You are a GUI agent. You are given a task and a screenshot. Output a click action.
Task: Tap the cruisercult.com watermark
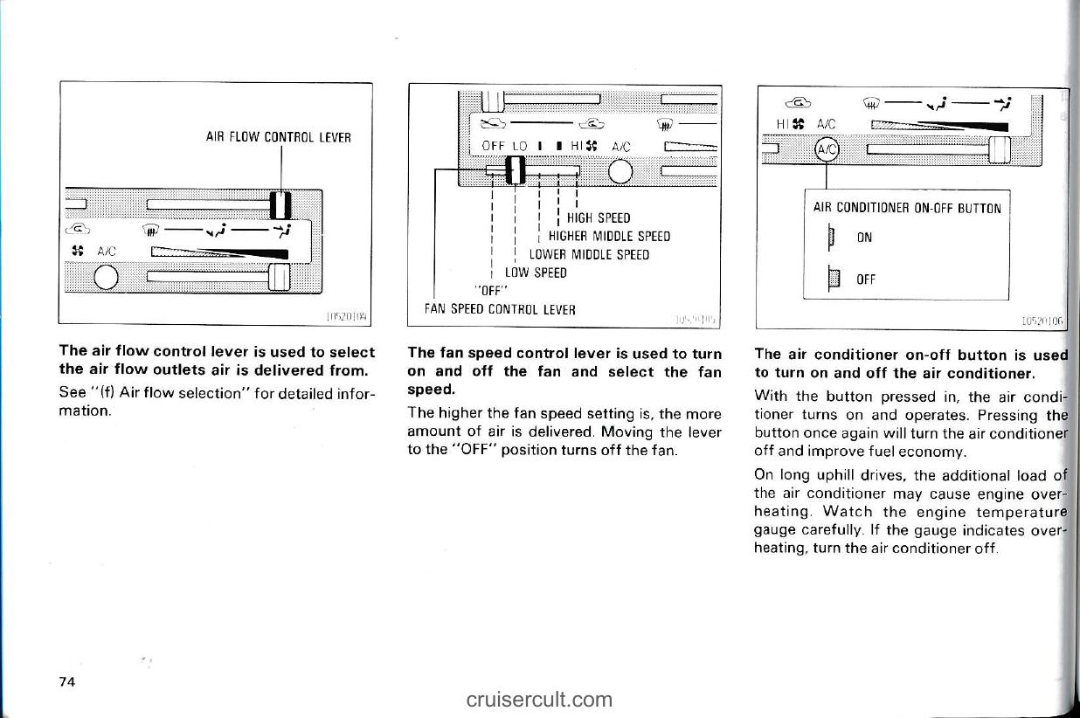tap(539, 699)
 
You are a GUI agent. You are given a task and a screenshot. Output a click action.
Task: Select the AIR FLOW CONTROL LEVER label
tap(279, 137)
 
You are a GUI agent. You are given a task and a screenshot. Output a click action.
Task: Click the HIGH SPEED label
tap(599, 217)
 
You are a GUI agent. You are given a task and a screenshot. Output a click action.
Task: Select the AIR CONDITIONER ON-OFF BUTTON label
tap(907, 208)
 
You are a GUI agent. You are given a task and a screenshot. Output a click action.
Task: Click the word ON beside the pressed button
tap(864, 238)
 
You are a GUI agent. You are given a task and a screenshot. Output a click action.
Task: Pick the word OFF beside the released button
tap(866, 280)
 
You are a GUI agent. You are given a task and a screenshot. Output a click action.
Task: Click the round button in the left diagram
tap(107, 278)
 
